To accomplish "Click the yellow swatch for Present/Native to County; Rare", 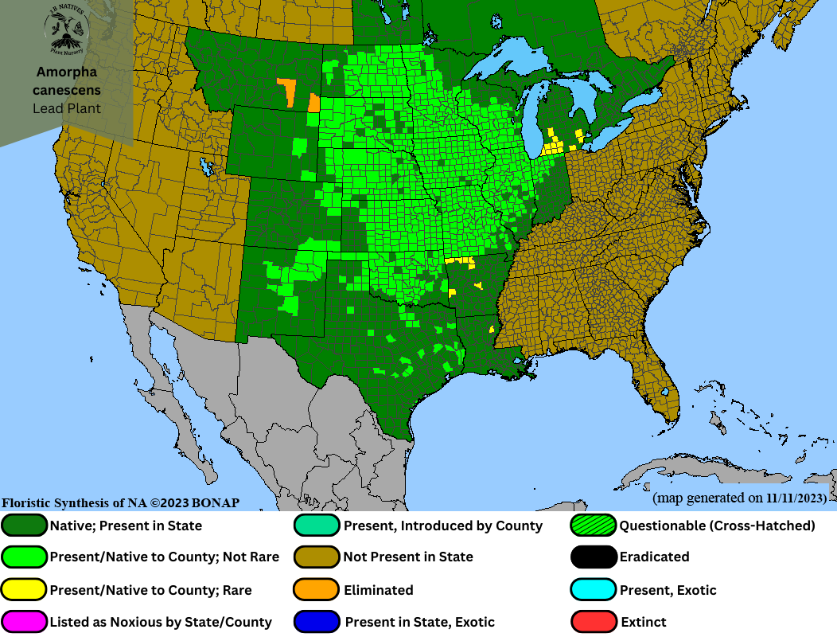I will (x=25, y=590).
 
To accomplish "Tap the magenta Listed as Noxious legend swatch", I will (x=25, y=622).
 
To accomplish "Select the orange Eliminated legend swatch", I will (x=318, y=590).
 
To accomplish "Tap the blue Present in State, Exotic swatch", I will (x=318, y=622).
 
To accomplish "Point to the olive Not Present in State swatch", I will (x=318, y=557).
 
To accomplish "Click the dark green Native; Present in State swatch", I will (x=25, y=526).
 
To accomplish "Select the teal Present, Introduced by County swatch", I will (x=318, y=526).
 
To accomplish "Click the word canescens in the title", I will (x=67, y=90).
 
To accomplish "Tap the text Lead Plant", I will (x=67, y=107).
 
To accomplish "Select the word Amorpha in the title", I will (x=67, y=72).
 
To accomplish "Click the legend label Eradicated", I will (x=654, y=557).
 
